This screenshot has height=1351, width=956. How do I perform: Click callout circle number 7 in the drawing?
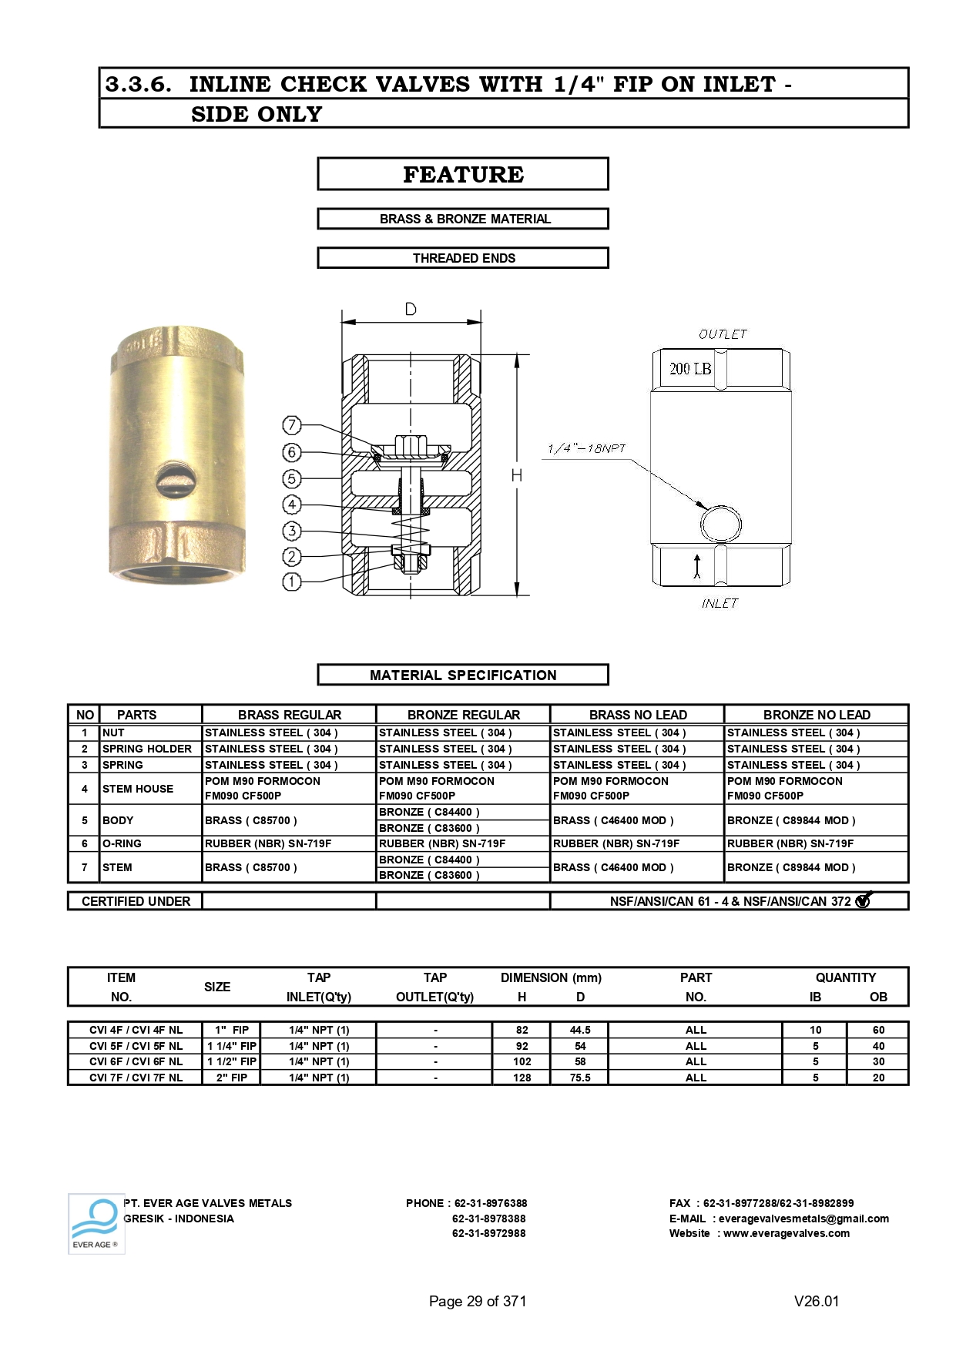point(291,425)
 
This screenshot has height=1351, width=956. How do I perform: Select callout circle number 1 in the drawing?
point(291,582)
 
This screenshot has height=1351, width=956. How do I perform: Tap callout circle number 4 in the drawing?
point(291,505)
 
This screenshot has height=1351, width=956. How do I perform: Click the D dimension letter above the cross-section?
point(411,310)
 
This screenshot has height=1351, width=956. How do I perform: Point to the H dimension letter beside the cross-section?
point(517,476)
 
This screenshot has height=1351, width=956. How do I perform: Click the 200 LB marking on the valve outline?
point(690,369)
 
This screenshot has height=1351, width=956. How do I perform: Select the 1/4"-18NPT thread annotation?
point(586,448)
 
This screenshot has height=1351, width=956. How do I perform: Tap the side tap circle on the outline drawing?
point(721,525)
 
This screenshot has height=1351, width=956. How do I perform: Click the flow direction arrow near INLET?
point(697,566)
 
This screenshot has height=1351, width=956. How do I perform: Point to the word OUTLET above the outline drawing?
point(723,334)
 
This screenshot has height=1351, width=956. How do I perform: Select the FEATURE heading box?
point(463,174)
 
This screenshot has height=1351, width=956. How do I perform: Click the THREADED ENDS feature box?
point(463,258)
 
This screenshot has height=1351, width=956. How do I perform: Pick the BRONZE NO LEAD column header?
point(817,715)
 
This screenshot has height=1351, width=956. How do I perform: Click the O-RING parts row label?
point(122,843)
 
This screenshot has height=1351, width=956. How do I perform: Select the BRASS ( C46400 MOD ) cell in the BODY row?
point(613,820)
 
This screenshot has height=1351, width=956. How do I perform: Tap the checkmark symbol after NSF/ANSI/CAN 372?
point(864,900)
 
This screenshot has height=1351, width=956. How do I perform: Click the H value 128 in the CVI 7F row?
point(522,1078)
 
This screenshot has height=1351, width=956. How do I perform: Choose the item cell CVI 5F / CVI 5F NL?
point(136,1046)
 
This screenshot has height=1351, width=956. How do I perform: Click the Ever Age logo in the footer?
point(96,1223)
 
